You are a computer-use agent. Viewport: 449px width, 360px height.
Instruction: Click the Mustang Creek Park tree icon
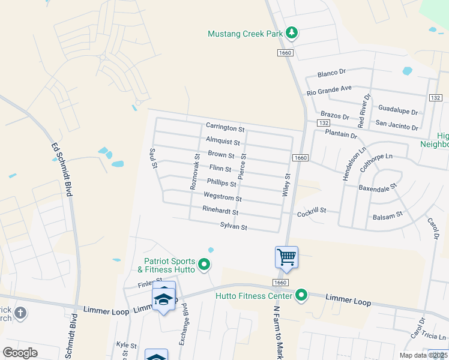292,33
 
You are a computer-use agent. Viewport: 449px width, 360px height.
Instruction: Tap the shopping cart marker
286,257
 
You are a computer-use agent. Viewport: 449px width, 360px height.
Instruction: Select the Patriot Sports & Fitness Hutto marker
204,264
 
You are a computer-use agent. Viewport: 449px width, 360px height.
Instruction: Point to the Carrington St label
225,128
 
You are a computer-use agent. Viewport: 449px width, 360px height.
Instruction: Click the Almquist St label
223,142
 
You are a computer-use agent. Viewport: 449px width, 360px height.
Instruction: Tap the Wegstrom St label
223,197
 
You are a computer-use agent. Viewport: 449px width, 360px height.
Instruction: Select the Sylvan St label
234,227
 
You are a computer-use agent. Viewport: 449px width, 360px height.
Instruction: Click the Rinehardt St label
220,211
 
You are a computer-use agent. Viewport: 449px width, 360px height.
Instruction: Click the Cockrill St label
311,211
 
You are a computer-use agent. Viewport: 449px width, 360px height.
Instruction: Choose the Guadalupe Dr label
398,110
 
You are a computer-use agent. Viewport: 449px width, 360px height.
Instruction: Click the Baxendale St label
378,187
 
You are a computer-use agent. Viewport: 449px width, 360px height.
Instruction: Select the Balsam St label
387,215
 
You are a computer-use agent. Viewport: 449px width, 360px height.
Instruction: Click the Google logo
20,353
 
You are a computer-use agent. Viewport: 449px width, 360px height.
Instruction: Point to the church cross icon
20,313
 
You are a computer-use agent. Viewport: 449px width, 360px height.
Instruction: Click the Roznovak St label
195,172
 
